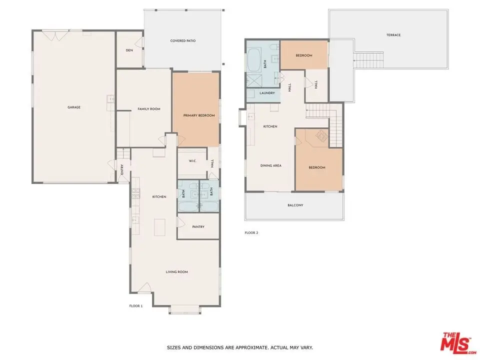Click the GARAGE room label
[x=74, y=107]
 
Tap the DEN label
[x=129, y=50]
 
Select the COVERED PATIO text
[x=183, y=40]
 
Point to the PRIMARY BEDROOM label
[x=199, y=115]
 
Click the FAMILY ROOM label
[x=149, y=109]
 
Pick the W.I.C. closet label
[x=192, y=161]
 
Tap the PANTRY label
[x=198, y=227]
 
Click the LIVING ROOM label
[x=177, y=272]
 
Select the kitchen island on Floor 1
[x=159, y=227]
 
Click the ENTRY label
[x=122, y=170]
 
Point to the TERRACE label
[x=393, y=35]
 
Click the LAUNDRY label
[x=267, y=93]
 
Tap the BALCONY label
[x=295, y=205]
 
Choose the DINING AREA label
[x=271, y=165]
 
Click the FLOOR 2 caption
[x=251, y=232]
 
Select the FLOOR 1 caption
[x=136, y=306]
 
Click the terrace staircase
[x=368, y=60]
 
